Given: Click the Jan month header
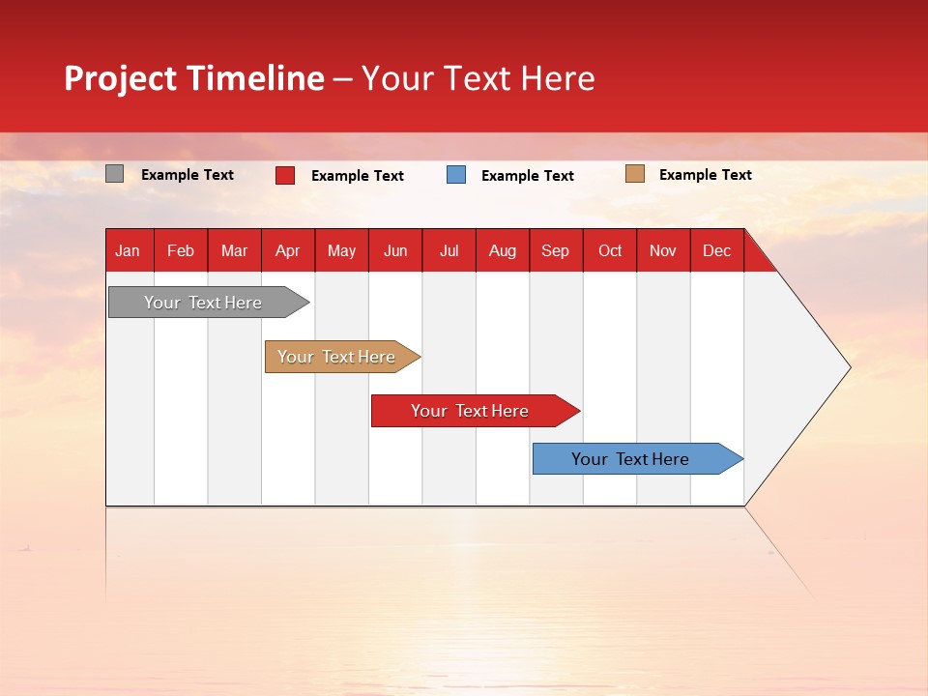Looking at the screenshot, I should [x=129, y=250].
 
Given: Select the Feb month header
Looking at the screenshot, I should [x=181, y=250].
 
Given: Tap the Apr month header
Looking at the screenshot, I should [x=288, y=250].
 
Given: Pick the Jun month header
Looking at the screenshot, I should [x=395, y=250].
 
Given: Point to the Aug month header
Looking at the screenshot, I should [x=503, y=250].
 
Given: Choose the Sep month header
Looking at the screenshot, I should [x=556, y=250].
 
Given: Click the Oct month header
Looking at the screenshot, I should [x=610, y=250].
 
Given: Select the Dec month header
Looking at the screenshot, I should [x=717, y=250].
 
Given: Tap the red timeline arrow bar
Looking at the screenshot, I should [x=471, y=411].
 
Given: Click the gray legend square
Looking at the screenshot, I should [x=115, y=174].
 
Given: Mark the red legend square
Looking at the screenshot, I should [x=285, y=175].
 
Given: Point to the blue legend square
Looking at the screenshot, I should [x=456, y=175].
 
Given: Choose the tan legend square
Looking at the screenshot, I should [x=634, y=174].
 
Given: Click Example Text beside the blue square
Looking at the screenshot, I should [x=528, y=176].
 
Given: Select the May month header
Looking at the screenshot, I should [x=341, y=250].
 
